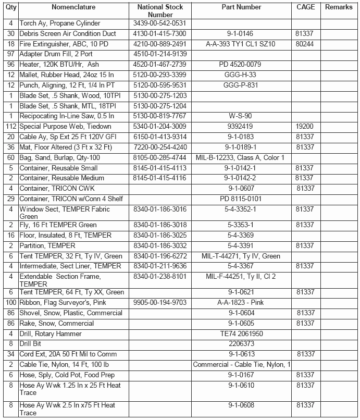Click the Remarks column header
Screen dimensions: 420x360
[x=339, y=7]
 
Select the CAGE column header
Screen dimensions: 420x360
[x=305, y=7]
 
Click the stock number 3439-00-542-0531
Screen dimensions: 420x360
[x=159, y=23]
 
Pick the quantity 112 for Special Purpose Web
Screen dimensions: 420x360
[x=11, y=127]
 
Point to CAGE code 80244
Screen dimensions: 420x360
[x=305, y=44]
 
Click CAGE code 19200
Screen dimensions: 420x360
[x=305, y=127]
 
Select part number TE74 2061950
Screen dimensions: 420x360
[x=242, y=333]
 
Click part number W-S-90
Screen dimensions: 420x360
[x=242, y=116]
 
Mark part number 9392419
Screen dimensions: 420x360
[x=242, y=127]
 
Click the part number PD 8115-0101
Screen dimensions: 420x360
[x=242, y=199]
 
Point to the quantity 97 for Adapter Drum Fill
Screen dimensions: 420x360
[x=11, y=54]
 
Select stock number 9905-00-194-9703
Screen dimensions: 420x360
[x=159, y=303]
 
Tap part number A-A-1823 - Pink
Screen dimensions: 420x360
[x=242, y=303]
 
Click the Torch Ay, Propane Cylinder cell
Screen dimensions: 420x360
[x=59, y=23]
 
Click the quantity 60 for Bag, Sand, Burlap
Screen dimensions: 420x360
[x=11, y=157]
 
